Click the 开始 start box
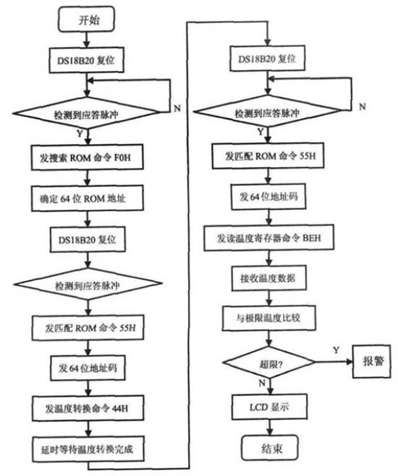(86, 20)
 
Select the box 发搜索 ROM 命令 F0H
(87, 157)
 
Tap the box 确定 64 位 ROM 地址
(87, 198)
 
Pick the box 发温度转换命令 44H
(88, 408)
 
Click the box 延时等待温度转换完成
(88, 449)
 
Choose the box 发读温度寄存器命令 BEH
(269, 238)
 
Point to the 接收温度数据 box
(269, 278)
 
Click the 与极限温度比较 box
(269, 318)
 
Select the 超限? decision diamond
(269, 362)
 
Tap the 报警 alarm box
(371, 362)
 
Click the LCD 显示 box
(270, 406)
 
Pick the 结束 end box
(270, 448)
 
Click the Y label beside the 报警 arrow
(336, 350)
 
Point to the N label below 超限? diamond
(262, 383)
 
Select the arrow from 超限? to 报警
(334, 362)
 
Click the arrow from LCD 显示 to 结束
(270, 428)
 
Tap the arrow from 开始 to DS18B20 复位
(86, 39)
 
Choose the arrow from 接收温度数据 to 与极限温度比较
(269, 298)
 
